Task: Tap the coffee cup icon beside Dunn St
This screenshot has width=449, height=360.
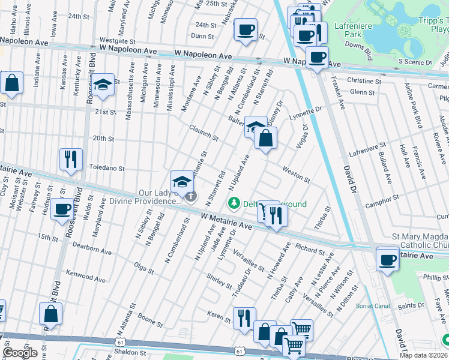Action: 245,31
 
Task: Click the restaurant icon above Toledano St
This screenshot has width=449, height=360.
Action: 71,160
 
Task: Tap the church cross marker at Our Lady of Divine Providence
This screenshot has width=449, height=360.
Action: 190,196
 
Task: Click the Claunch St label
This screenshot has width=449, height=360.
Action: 204,133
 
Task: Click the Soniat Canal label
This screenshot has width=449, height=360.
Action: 373,306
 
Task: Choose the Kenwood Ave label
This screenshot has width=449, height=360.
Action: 86,276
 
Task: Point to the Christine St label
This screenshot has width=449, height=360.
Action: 364,81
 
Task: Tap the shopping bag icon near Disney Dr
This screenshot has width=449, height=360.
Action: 265,138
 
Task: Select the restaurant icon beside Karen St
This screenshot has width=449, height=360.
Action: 244,318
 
